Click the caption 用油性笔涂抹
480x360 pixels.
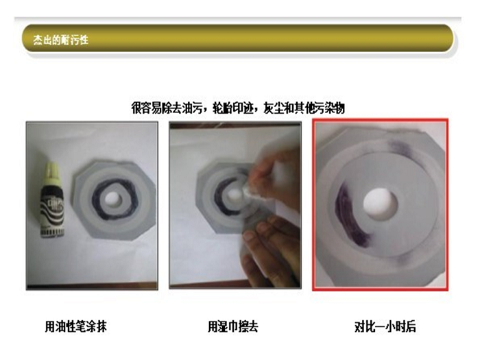coord(75,327)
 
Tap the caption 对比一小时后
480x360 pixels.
coord(385,327)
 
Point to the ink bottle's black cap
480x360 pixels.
coord(51,171)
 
